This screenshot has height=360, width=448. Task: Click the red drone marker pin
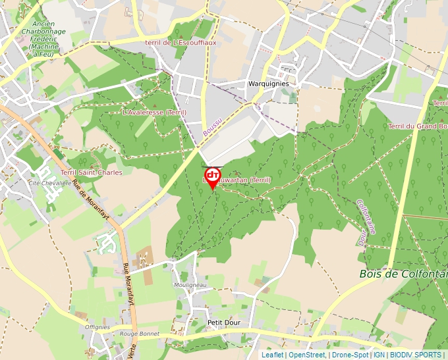tap(212, 176)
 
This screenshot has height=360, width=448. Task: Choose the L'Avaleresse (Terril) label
tap(154, 113)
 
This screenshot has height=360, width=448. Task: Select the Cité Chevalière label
tap(49, 183)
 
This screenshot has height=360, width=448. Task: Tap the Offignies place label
tap(98, 327)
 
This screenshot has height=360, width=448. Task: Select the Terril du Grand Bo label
tap(418, 126)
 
